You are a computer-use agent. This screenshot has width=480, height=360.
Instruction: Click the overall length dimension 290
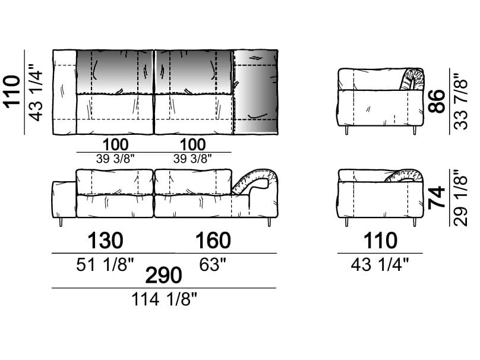(x=163, y=275)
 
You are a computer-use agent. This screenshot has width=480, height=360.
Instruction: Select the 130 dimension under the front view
(x=106, y=241)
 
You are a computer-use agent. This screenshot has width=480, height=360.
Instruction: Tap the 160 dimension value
(x=213, y=241)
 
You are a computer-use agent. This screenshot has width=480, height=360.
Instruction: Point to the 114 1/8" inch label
(x=164, y=299)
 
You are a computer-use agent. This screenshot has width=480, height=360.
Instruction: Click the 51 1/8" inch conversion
(x=105, y=264)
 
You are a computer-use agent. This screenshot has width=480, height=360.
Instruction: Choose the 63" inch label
(x=213, y=264)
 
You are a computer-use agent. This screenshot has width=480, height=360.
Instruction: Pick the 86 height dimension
(x=437, y=102)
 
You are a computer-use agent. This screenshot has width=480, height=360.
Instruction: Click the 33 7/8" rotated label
(x=462, y=102)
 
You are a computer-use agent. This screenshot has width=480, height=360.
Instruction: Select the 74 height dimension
(x=437, y=197)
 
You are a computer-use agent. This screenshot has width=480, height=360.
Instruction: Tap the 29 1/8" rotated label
(x=462, y=197)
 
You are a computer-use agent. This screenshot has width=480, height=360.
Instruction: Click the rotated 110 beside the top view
(x=12, y=92)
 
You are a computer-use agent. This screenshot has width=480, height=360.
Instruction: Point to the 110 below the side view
(x=380, y=241)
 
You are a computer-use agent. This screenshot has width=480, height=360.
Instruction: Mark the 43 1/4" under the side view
(x=380, y=264)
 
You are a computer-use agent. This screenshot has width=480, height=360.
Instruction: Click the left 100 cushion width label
(x=115, y=144)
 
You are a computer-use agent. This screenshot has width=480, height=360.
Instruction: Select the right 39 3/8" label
(x=192, y=159)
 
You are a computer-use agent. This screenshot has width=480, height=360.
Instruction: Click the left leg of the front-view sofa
(x=61, y=222)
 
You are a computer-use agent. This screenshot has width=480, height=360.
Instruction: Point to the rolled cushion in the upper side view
(x=412, y=79)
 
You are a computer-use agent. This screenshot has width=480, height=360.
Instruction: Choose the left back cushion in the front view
(x=115, y=182)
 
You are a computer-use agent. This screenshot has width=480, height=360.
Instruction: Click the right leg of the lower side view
(x=415, y=222)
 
